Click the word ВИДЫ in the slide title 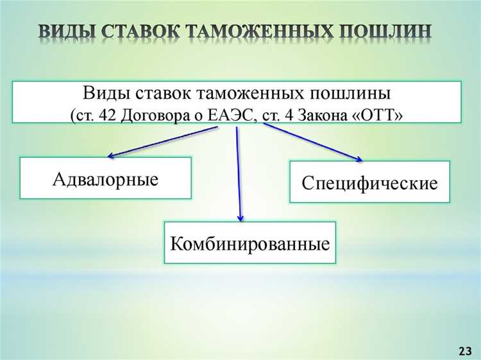[x=65, y=32]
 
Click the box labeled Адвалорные [x=106, y=178]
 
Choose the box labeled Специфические [x=369, y=183]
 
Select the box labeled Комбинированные [x=250, y=243]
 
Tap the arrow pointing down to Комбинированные [x=239, y=173]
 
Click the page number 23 [x=465, y=350]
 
